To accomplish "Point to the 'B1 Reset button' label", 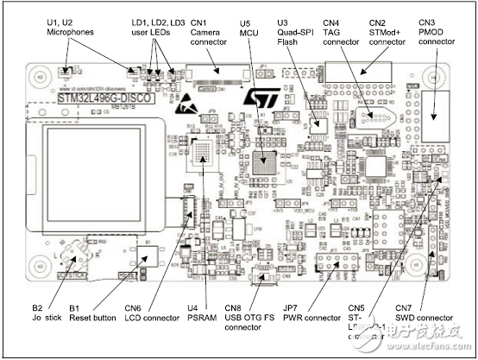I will [x=92, y=312].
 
